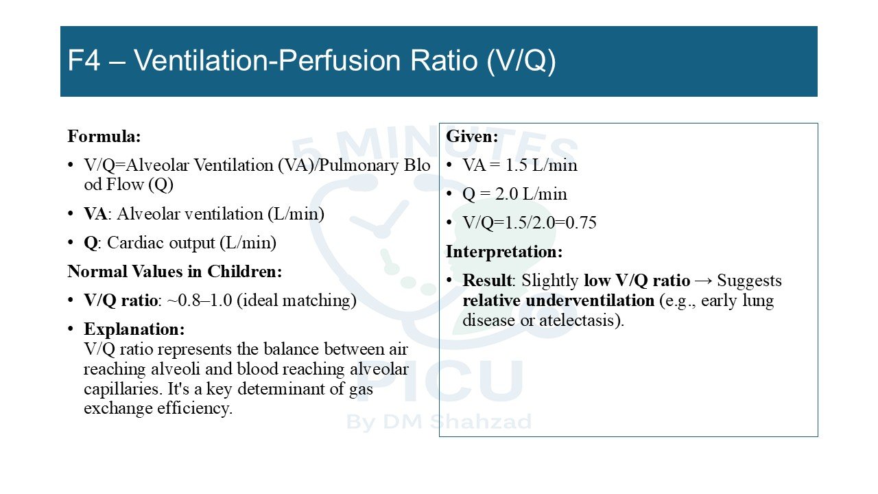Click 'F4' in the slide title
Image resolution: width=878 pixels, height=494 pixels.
point(84,61)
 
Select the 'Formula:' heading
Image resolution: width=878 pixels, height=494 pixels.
point(104,137)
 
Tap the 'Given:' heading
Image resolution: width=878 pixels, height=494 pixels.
point(472,137)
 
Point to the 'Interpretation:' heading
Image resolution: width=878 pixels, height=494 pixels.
point(504,252)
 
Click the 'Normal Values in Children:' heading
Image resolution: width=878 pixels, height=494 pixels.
point(175,271)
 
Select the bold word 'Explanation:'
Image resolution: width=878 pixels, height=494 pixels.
point(134,329)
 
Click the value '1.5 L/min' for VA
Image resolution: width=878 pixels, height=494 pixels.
point(541,165)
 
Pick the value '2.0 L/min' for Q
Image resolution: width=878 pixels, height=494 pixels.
point(531,194)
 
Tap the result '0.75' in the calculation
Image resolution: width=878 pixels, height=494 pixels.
point(581,223)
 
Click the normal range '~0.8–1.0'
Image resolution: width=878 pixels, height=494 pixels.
point(200,301)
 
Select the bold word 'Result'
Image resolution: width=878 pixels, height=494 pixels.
point(487,281)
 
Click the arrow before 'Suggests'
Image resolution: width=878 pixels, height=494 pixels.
point(704,281)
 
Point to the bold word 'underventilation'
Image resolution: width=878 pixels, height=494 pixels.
point(590,301)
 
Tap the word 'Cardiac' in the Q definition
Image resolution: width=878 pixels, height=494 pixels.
point(132,243)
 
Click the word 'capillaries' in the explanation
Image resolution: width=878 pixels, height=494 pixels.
point(123,389)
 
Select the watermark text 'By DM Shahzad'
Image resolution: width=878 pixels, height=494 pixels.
point(439,422)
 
